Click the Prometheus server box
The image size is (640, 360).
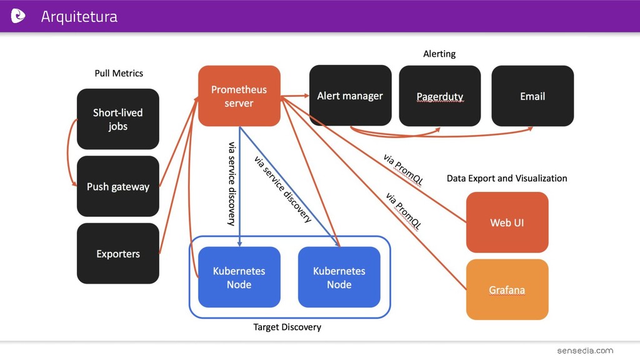(x=239, y=96)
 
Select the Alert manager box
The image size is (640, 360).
(x=350, y=96)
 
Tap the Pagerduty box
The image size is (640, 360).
(x=439, y=96)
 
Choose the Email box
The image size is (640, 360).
(x=532, y=96)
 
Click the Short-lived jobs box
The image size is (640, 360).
(x=118, y=119)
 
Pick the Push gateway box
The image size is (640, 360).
(x=118, y=186)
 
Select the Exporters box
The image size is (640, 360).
(x=118, y=254)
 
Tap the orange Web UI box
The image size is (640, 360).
(x=507, y=222)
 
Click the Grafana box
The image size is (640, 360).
(x=507, y=289)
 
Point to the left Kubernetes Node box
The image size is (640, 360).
(x=239, y=277)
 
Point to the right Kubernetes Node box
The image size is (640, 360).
(x=339, y=277)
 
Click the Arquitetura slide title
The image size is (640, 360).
(x=79, y=17)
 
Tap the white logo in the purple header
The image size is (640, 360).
(x=18, y=16)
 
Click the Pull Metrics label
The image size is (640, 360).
(x=119, y=74)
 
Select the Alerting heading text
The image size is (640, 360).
(x=439, y=54)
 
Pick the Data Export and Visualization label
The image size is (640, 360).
(x=507, y=178)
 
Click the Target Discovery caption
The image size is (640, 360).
(x=287, y=327)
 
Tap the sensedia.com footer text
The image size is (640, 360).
(x=585, y=351)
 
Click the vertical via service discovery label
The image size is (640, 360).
(x=232, y=184)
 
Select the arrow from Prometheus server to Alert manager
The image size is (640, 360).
(x=295, y=96)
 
